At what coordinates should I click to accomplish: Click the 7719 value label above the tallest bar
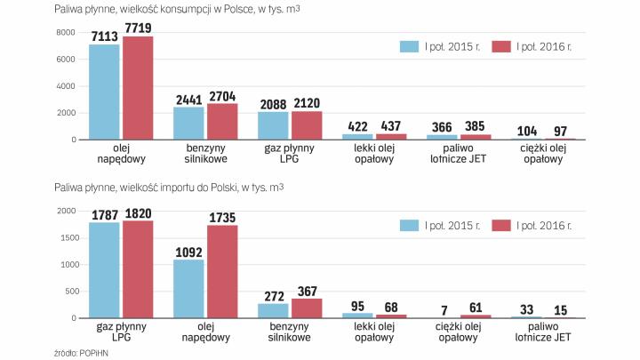138,28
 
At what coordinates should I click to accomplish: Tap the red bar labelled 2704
222,122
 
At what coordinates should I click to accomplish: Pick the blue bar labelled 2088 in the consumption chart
273,125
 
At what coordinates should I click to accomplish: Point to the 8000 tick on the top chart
40,33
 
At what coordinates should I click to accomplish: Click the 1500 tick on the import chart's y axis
40,237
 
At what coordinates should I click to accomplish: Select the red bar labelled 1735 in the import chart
222,271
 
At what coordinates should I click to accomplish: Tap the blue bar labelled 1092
188,288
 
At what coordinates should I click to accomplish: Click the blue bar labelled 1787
104,269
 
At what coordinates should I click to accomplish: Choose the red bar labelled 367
307,308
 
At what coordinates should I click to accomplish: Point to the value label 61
475,308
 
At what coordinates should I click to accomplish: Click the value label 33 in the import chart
526,309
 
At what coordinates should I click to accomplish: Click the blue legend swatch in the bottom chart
410,226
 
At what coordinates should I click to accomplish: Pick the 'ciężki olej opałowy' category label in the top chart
542,154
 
